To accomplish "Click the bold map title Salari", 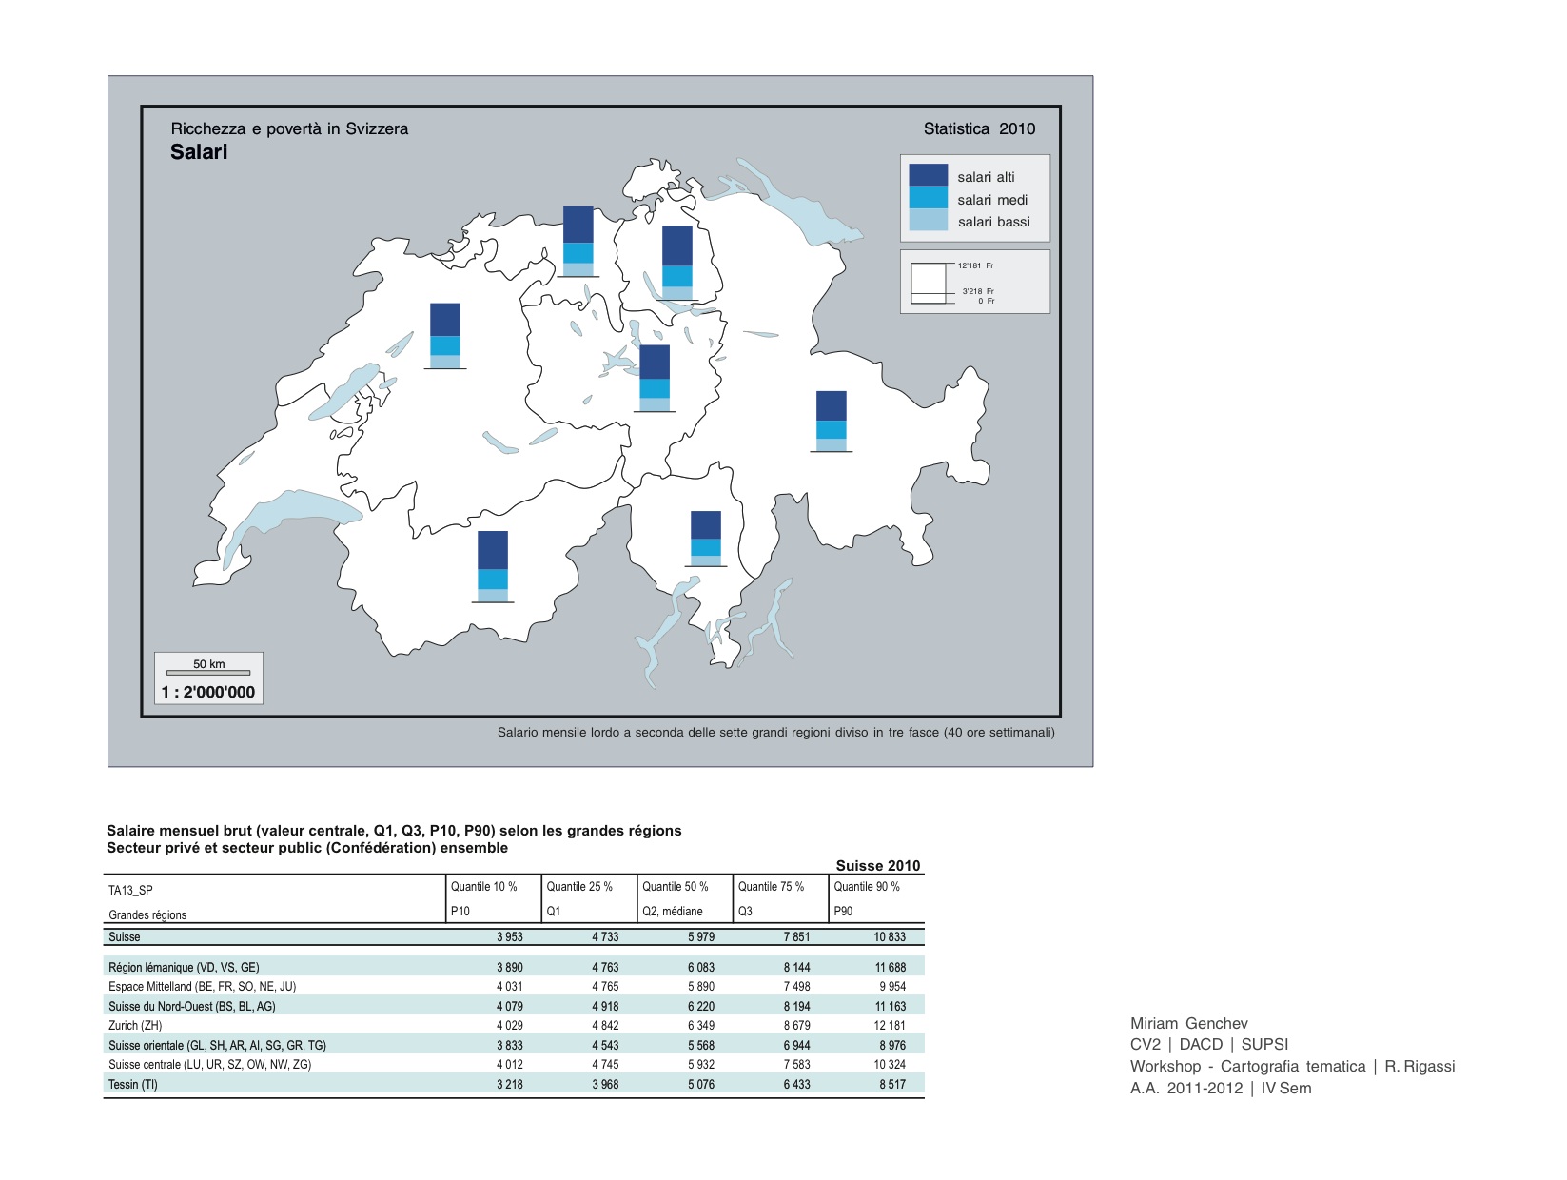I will [199, 152].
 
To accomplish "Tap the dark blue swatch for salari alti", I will [928, 175].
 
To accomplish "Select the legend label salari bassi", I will [993, 222].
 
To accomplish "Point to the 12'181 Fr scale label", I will [975, 265].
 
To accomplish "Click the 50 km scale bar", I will [208, 672].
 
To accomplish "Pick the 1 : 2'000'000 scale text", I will [208, 692].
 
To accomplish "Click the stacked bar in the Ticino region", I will [705, 539].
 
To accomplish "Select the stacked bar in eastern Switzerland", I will [831, 421].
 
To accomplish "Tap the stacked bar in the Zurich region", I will [676, 262].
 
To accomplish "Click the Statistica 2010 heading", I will [979, 128].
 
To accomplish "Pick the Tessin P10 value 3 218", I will [509, 1084].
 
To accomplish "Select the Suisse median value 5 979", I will [700, 936].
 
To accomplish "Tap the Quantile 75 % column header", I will [771, 886].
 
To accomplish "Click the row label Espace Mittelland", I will [202, 986].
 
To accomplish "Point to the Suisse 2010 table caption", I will [877, 865].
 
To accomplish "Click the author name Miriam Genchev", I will [1188, 1023].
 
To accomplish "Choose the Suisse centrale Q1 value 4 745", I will [604, 1064].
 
